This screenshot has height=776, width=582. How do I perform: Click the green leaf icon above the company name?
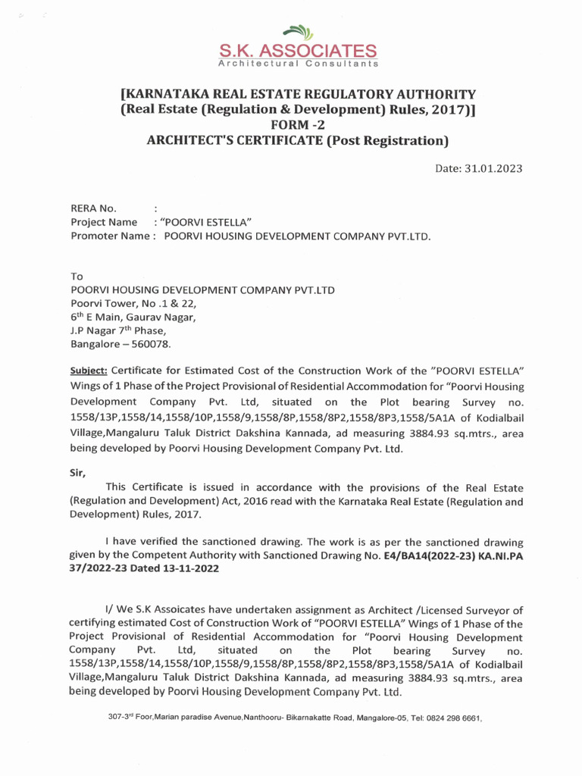(298, 33)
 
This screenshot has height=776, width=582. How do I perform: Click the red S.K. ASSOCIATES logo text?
(297, 52)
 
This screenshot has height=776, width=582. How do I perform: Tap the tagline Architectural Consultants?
(298, 64)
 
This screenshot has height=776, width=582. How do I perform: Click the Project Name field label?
(104, 222)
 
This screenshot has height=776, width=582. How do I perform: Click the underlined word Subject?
(90, 370)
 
